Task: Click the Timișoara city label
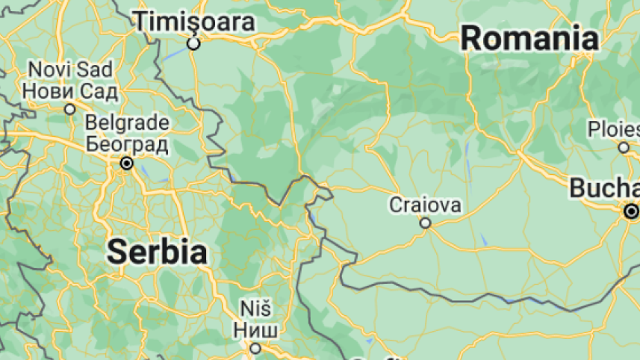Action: click(x=194, y=22)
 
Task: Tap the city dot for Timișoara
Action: click(x=194, y=44)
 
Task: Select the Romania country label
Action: click(x=529, y=37)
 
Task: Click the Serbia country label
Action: click(x=156, y=252)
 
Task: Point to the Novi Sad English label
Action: click(x=70, y=70)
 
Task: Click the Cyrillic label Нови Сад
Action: click(x=70, y=91)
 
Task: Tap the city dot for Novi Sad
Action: click(x=70, y=109)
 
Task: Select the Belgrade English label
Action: click(x=128, y=122)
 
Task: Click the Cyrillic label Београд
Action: click(x=128, y=143)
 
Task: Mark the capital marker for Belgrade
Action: click(x=127, y=163)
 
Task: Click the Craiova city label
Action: click(x=425, y=205)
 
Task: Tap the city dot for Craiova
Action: click(x=425, y=223)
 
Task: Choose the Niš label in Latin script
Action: click(x=255, y=308)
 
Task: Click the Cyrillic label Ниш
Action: click(x=255, y=329)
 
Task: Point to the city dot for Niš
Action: click(x=255, y=348)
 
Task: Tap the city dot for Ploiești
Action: click(x=624, y=147)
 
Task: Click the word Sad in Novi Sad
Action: click(x=98, y=70)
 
